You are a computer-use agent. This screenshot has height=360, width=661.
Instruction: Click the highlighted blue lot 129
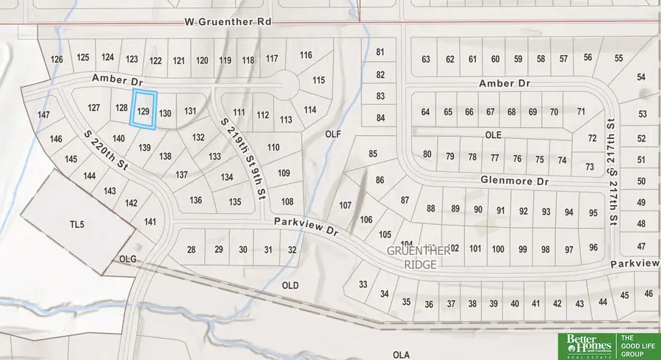pos(144,110)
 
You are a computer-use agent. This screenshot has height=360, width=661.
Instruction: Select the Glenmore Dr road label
pos(514,180)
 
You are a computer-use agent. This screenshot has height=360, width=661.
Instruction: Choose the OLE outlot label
pos(492,135)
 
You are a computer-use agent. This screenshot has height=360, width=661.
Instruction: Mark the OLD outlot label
pos(290,284)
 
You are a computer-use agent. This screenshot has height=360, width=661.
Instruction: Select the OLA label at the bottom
pos(400,353)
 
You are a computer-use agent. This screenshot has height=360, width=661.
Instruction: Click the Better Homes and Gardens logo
pos(585,344)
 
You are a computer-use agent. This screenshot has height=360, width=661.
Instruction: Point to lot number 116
pos(306,55)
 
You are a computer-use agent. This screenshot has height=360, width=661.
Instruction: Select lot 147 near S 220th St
pos(43,115)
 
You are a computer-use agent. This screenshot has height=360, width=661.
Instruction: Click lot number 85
pos(373,154)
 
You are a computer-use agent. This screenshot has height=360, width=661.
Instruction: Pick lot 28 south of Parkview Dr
pos(192,251)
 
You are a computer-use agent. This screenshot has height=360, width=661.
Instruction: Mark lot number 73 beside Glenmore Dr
pos(589,167)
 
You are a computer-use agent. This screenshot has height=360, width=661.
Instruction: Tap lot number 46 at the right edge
pos(648,293)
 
